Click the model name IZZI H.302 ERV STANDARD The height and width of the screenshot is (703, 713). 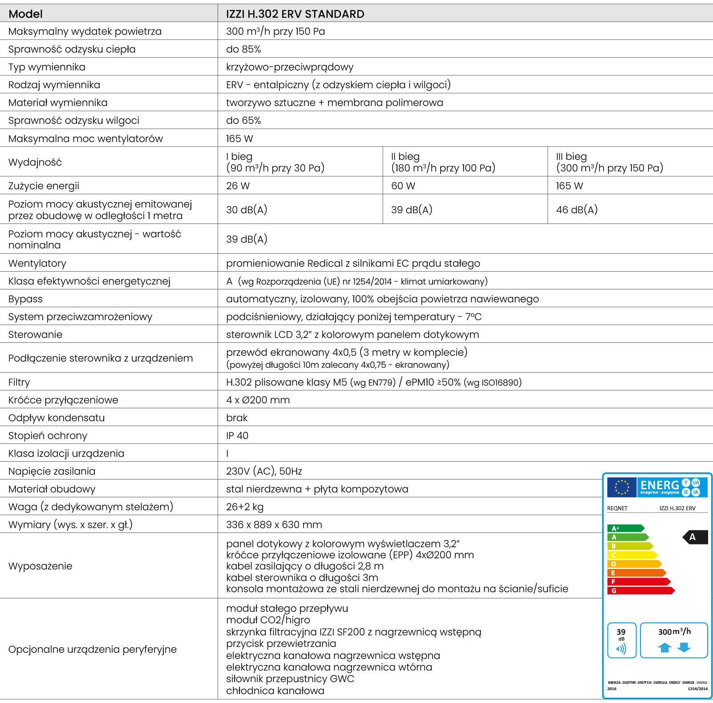click(x=295, y=14)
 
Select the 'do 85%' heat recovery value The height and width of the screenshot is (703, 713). click(x=243, y=49)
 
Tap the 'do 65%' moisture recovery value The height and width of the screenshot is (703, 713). click(x=243, y=120)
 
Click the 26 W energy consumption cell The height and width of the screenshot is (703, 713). click(x=238, y=186)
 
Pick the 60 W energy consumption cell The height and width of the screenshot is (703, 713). click(x=403, y=186)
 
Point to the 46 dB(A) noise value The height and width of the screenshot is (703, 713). click(x=576, y=210)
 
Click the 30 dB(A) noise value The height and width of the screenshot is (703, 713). click(x=247, y=210)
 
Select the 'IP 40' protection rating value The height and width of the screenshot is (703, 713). click(x=237, y=435)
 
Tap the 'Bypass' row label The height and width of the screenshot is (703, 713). click(x=25, y=299)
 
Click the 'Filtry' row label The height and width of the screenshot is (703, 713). click(x=19, y=382)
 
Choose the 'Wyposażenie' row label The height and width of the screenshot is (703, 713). click(x=40, y=566)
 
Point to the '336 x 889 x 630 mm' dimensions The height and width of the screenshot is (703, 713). click(x=274, y=524)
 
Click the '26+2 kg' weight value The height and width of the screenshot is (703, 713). click(x=244, y=507)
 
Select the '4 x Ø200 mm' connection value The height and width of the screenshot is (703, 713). click(x=258, y=400)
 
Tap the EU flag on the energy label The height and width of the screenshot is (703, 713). click(x=621, y=487)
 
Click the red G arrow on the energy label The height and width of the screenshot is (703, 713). click(x=640, y=591)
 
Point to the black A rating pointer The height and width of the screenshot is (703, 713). click(x=695, y=537)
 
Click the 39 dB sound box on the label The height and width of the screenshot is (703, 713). click(x=621, y=640)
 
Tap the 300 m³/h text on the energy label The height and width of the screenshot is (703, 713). click(x=674, y=631)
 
